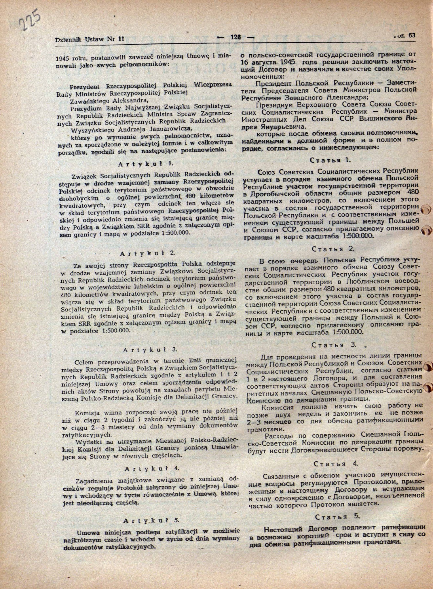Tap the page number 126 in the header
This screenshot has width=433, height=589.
[x=235, y=37]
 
